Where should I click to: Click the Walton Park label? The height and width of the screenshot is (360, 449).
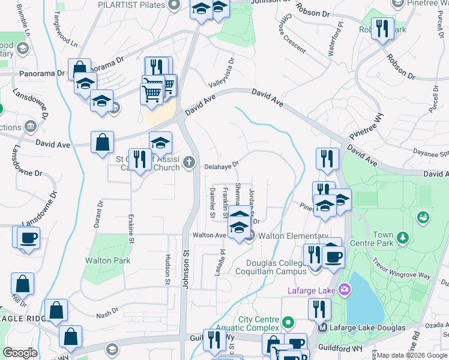coord(108,261)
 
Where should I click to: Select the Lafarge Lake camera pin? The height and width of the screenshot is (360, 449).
coord(344,290)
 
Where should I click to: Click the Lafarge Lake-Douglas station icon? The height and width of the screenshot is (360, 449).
coord(322,328)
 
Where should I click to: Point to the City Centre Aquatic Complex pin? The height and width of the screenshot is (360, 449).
coord(288,323)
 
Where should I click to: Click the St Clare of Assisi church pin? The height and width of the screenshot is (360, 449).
coord(189,161)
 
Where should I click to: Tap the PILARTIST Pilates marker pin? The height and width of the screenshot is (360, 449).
coord(174,5)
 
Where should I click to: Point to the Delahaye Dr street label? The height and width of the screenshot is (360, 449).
coord(221,166)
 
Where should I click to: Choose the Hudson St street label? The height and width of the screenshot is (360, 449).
coord(167,266)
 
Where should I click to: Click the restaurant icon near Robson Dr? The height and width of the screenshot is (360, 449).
coord(382,29)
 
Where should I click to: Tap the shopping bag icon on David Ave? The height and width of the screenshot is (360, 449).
coord(103,143)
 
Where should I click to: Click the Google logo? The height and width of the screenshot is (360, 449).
coord(20,353)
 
